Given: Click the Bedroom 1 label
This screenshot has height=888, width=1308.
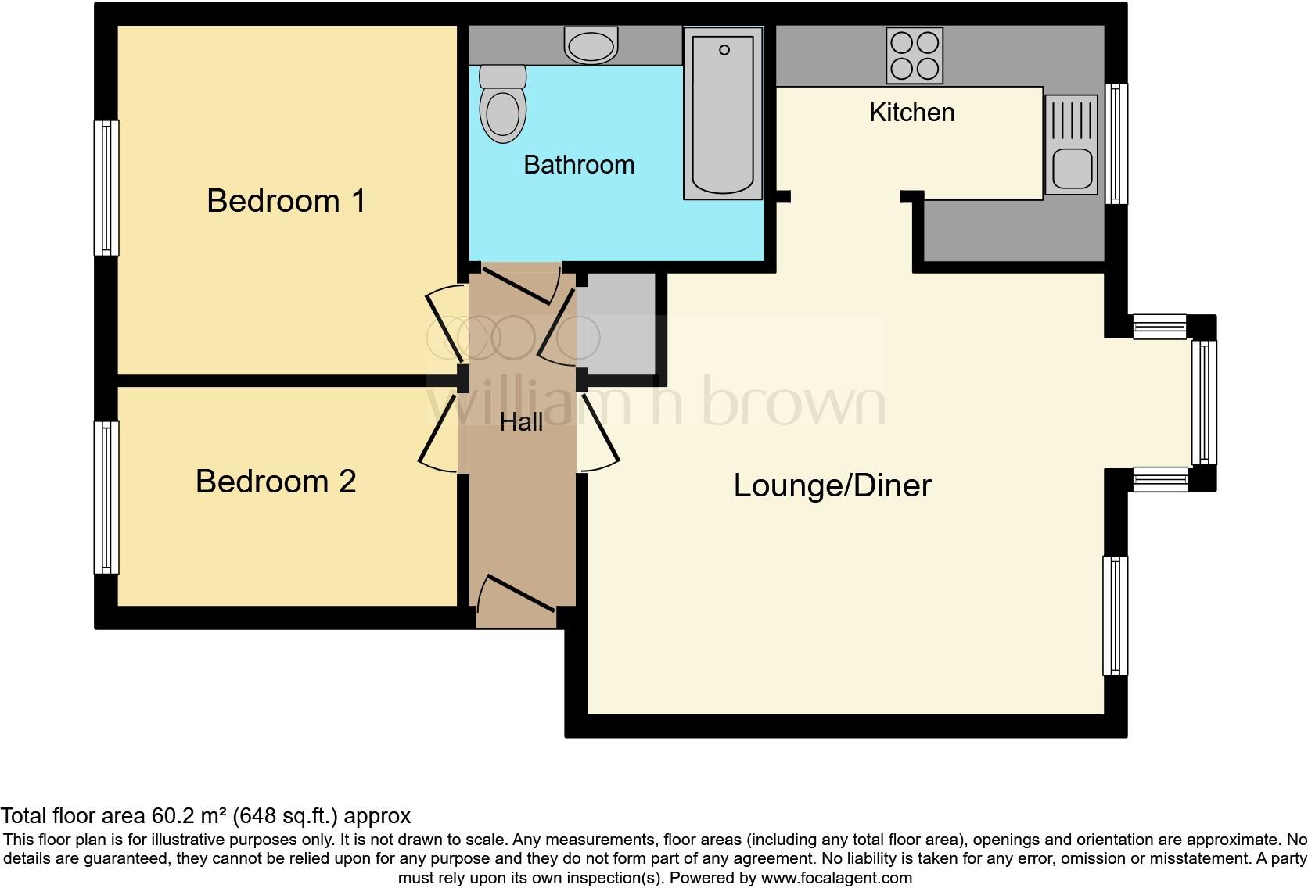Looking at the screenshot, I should point(286,201).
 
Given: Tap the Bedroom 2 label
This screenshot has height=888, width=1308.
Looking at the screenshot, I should point(275,482).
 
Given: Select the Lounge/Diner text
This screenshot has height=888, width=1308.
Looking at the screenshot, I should point(832,485).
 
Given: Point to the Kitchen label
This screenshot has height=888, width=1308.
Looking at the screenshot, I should point(911,113).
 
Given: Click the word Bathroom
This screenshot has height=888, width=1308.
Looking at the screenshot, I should point(579,165).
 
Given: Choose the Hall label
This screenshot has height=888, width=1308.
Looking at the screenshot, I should point(521,422).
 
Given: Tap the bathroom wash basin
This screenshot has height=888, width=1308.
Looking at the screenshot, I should point(591,45).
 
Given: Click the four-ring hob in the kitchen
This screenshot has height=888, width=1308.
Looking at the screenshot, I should point(915,55).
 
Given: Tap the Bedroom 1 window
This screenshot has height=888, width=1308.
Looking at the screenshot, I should point(106,188).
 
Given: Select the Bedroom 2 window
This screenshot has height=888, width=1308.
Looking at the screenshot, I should point(106,498).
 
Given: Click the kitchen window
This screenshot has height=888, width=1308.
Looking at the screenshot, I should point(1116,144).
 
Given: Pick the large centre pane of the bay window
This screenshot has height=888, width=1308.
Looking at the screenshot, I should point(1205,403).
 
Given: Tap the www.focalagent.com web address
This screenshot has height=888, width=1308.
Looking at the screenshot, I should point(836,878).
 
